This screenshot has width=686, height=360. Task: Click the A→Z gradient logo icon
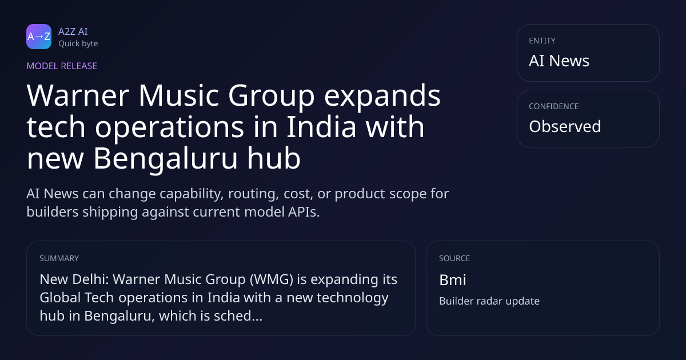click(x=39, y=37)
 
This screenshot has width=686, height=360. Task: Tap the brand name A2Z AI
click(x=73, y=31)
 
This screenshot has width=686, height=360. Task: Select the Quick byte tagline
click(x=78, y=44)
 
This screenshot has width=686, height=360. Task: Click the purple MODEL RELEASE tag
click(x=62, y=66)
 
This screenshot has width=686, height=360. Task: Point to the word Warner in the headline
click(x=78, y=95)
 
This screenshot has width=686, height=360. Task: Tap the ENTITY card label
click(x=542, y=41)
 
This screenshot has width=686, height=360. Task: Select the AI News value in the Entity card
click(x=559, y=61)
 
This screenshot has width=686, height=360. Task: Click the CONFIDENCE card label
click(x=554, y=106)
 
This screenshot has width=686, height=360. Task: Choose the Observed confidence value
click(x=565, y=126)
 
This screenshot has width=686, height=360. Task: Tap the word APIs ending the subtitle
click(x=304, y=212)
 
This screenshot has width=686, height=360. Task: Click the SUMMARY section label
click(x=59, y=258)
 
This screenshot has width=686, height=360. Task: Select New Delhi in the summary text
click(x=74, y=279)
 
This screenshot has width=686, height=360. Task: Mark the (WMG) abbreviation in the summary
click(x=272, y=279)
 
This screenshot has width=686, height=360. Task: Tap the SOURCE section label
click(x=454, y=258)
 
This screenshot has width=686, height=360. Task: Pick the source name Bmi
click(x=453, y=280)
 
